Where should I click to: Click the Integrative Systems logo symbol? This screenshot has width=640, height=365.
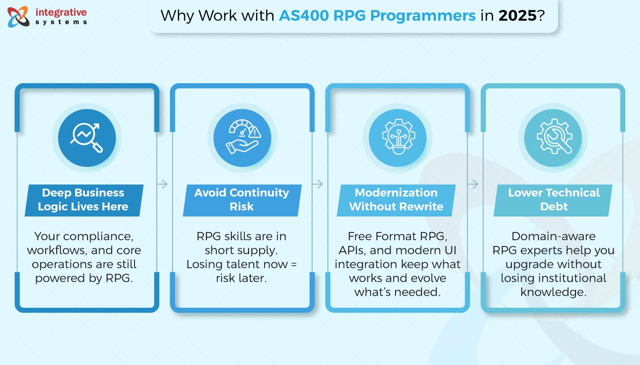coord(18,16)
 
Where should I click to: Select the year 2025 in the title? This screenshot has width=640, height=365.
coord(517,16)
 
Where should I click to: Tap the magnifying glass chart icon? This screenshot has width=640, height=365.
coord(87,138)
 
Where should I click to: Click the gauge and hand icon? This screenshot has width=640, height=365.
coord(242,138)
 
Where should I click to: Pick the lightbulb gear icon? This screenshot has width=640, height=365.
coord(397,138)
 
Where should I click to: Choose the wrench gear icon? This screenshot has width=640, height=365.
coord(552,138)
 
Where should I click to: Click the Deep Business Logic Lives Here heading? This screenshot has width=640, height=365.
coord(83,199)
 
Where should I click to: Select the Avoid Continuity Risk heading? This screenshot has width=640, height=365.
coord(242,199)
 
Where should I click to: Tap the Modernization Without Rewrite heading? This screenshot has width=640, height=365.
coord(396,199)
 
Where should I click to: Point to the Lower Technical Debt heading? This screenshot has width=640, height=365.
coord(554,199)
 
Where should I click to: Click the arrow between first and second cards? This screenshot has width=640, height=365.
coord(163,184)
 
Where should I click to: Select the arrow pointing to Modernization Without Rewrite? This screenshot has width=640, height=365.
coord(318,184)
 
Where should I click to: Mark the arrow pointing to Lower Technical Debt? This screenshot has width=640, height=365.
coord(473,184)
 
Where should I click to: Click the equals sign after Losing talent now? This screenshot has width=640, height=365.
coord(294,264)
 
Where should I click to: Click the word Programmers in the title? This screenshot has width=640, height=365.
coord(423,16)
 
